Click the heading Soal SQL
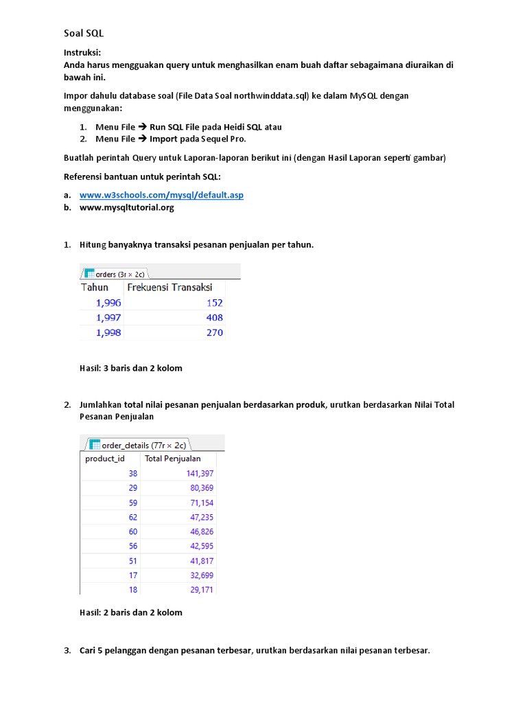pyautogui.click(x=79, y=33)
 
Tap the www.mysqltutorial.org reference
pyautogui.click(x=127, y=207)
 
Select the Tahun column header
pyautogui.click(x=95, y=287)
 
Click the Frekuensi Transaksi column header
pyautogui.click(x=169, y=287)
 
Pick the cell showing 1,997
pyautogui.click(x=108, y=317)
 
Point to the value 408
pyautogui.click(x=214, y=317)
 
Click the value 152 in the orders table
pyautogui.click(x=214, y=302)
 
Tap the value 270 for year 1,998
pyautogui.click(x=214, y=332)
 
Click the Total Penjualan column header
pyautogui.click(x=173, y=459)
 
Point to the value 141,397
pyautogui.click(x=200, y=473)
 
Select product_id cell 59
pyautogui.click(x=132, y=502)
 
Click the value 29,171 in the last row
pyautogui.click(x=200, y=590)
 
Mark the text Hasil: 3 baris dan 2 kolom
pyautogui.click(x=131, y=368)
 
